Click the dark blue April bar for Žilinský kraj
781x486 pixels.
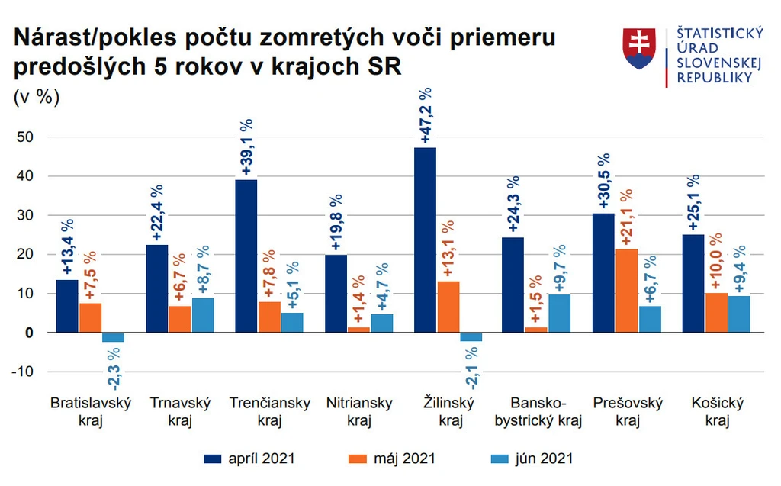[x=425, y=240]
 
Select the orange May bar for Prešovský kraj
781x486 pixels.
[x=627, y=291]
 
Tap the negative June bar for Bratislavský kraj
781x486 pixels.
[x=113, y=337]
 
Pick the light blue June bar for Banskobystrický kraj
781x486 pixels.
[x=559, y=314]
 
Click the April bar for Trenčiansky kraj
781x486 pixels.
[x=246, y=256]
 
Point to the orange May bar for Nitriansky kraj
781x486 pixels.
[x=358, y=330]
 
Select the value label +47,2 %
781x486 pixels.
[x=426, y=116]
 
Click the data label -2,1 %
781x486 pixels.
[x=471, y=368]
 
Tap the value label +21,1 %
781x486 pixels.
[x=627, y=217]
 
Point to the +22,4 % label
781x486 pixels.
[x=157, y=213]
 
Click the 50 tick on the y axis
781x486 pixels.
[x=25, y=137]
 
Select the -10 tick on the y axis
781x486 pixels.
[x=22, y=372]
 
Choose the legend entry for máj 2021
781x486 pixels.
[x=391, y=459]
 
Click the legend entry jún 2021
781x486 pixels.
[x=532, y=459]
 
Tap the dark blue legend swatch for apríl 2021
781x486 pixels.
[x=212, y=459]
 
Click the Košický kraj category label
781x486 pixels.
[x=717, y=412]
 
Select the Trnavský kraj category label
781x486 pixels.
[x=180, y=412]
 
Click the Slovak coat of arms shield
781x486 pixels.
[x=639, y=48]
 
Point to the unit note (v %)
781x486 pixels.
[x=37, y=97]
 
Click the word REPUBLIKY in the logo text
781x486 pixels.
[x=714, y=78]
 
